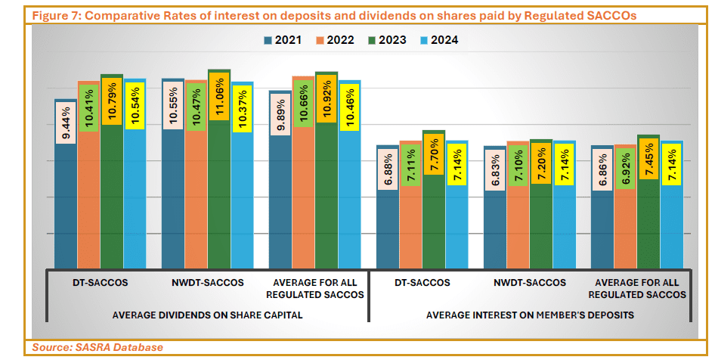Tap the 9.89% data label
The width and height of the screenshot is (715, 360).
(281, 116)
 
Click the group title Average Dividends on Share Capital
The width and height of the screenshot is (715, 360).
(207, 314)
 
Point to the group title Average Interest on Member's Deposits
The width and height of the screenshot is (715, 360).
(529, 314)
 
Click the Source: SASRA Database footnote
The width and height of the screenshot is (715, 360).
(97, 347)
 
